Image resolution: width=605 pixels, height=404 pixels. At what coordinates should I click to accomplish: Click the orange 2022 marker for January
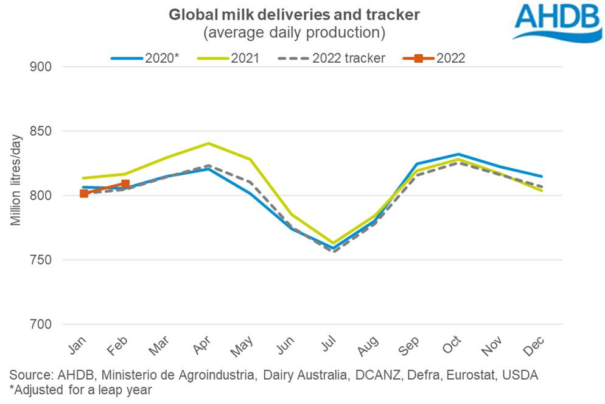click(84, 194)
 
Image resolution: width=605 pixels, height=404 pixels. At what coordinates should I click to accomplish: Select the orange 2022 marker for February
click(125, 183)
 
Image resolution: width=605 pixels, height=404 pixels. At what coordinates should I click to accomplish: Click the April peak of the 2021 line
click(209, 143)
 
